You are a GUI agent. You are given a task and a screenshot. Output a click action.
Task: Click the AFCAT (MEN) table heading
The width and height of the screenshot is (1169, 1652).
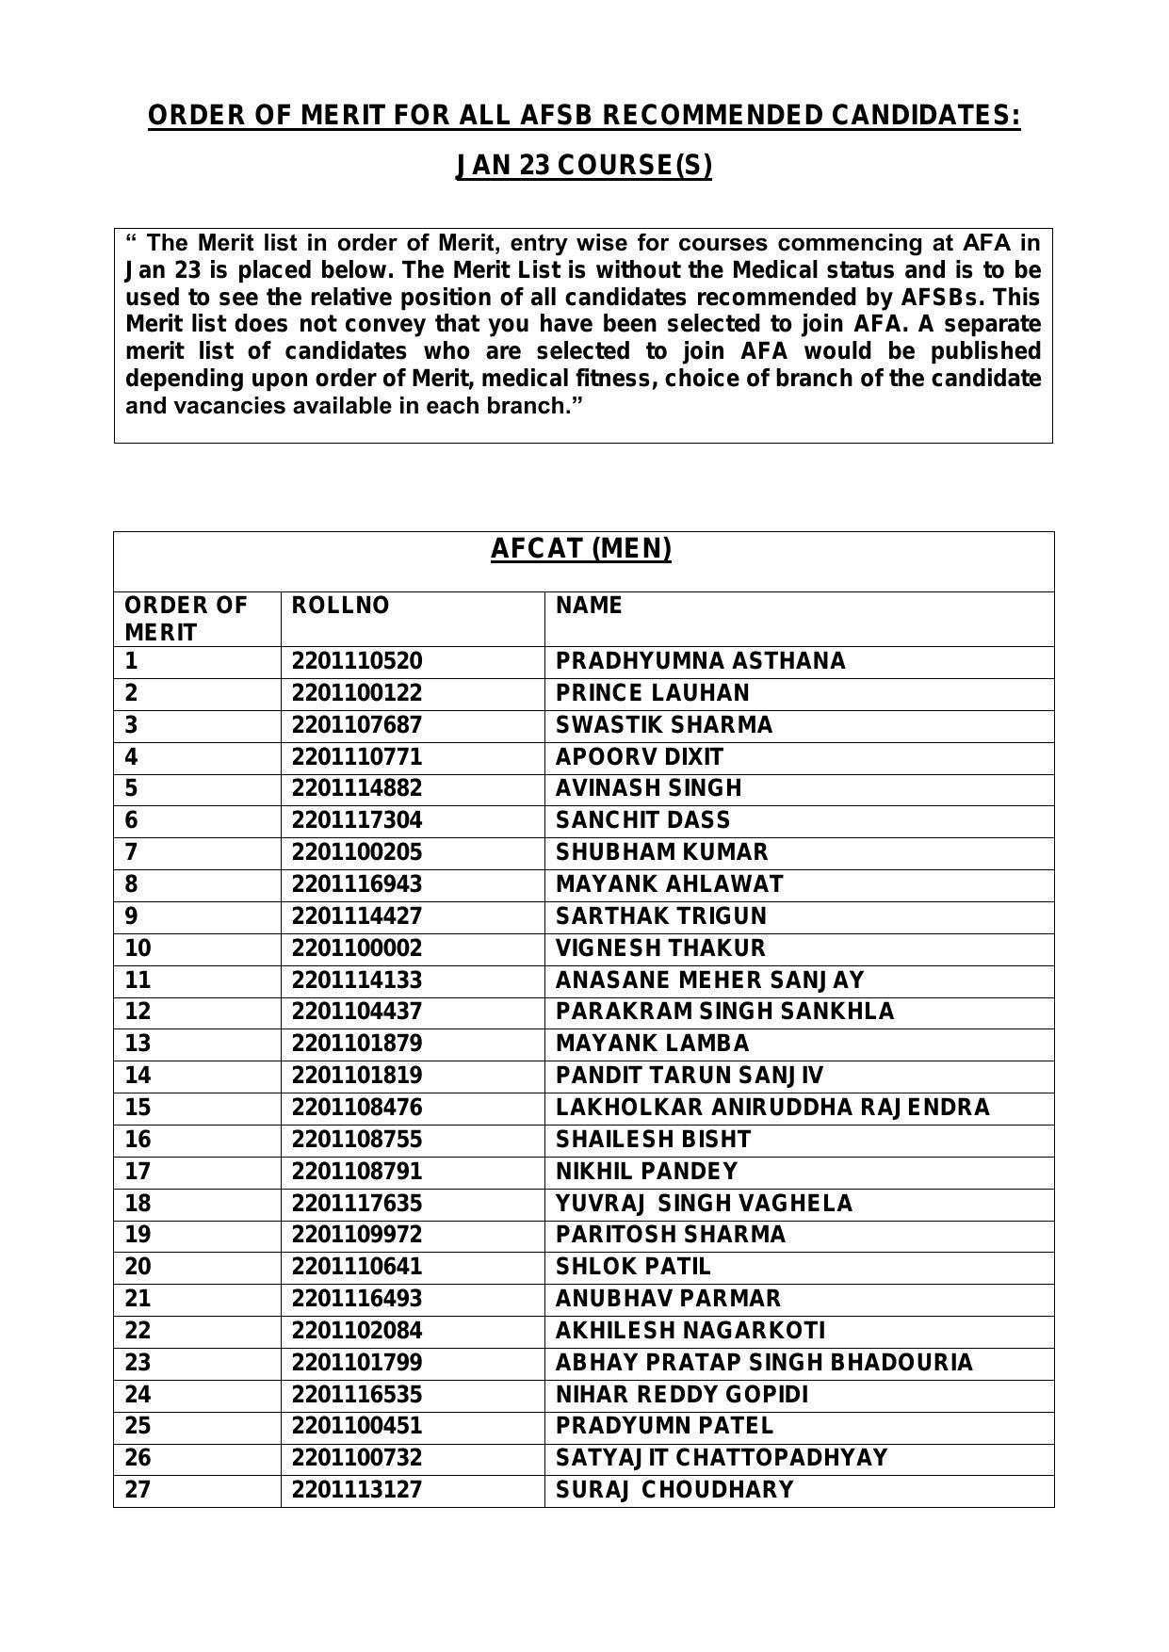coord(581,549)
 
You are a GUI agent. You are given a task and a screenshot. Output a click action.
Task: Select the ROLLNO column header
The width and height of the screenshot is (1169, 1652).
coord(340,606)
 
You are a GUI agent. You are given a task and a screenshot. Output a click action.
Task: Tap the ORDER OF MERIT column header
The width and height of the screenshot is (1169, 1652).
coord(186,619)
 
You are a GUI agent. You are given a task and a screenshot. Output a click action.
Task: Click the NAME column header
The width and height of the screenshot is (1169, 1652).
coord(589,606)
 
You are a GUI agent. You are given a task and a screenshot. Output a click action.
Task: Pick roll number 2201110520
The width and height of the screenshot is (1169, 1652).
coord(357,661)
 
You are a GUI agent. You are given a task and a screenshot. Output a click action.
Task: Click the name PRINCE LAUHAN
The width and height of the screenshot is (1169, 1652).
coord(652,693)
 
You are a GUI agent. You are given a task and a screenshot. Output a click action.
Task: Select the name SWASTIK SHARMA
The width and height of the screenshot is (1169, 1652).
coord(663,725)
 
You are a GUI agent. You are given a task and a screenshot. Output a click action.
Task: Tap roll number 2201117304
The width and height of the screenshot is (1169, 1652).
coord(357,820)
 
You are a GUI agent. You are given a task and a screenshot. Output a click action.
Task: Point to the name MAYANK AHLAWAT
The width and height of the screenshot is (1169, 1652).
coord(669,884)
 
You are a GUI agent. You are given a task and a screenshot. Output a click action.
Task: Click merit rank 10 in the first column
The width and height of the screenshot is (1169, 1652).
coord(138,948)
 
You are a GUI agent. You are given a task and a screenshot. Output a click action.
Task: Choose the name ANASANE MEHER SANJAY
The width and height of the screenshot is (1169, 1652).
coord(709,980)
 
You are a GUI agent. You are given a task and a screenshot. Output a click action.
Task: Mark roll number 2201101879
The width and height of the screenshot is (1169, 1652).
coord(357,1044)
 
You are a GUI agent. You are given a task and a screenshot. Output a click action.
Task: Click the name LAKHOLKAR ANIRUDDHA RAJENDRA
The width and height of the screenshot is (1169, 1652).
coord(772,1108)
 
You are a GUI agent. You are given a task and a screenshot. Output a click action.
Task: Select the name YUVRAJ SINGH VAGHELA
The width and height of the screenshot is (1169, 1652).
coord(704,1204)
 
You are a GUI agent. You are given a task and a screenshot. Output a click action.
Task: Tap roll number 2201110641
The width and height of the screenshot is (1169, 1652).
coord(357,1267)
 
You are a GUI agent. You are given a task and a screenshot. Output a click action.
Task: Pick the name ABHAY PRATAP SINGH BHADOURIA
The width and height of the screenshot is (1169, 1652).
coord(764,1363)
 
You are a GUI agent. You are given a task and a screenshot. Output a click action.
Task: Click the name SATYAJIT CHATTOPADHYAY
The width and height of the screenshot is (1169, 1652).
coord(722,1458)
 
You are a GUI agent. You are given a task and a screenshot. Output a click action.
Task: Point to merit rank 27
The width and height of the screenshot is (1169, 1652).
coord(138,1490)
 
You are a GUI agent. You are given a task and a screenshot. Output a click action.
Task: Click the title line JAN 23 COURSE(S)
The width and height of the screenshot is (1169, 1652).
coord(584,166)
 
